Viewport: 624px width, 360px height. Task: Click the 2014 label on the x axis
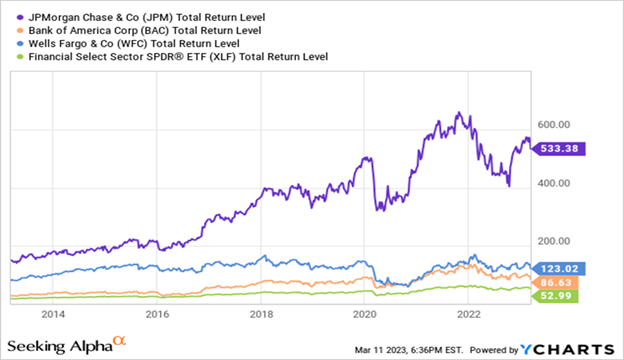(x=53, y=313)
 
